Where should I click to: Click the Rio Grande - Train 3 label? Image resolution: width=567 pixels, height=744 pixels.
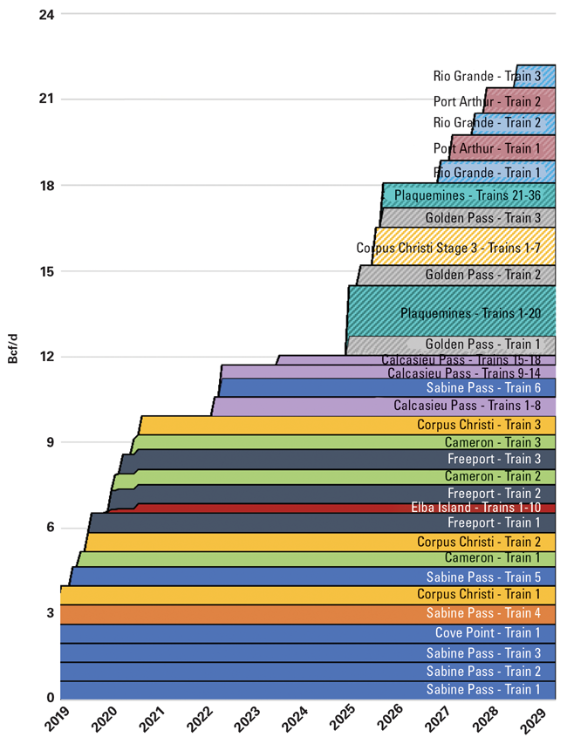pyautogui.click(x=487, y=77)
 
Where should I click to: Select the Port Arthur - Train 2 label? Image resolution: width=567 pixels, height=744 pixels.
pyautogui.click(x=487, y=101)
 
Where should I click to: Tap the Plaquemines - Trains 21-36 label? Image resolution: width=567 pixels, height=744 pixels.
pyautogui.click(x=467, y=195)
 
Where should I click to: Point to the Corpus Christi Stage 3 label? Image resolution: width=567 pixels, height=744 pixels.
pyautogui.click(x=448, y=249)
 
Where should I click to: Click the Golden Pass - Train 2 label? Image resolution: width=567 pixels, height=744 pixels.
pyautogui.click(x=482, y=276)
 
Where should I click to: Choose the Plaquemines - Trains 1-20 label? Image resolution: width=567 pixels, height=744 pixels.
pyautogui.click(x=470, y=313)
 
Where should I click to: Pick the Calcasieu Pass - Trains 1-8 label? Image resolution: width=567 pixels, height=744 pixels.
pyautogui.click(x=467, y=406)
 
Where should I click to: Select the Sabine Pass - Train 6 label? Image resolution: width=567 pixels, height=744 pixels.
pyautogui.click(x=483, y=388)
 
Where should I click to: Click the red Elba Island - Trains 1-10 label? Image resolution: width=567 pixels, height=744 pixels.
pyautogui.click(x=475, y=508)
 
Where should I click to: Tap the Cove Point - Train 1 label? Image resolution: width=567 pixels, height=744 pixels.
pyautogui.click(x=488, y=633)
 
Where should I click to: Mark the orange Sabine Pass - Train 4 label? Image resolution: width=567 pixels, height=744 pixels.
pyautogui.click(x=483, y=613)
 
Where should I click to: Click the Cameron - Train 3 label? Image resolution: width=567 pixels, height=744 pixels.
pyautogui.click(x=492, y=442)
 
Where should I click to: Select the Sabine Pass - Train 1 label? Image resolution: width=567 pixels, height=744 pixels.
pyautogui.click(x=483, y=690)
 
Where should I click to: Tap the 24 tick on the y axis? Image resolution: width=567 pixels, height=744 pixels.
pyautogui.click(x=43, y=14)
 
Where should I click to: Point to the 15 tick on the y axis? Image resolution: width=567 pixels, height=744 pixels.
pyautogui.click(x=43, y=271)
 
